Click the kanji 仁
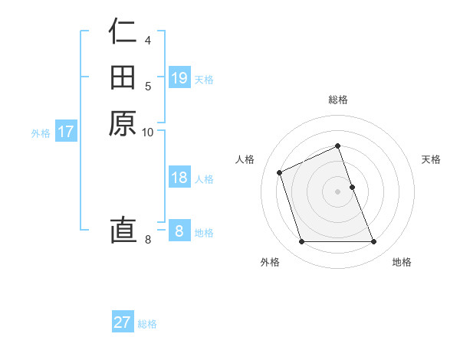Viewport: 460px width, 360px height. click(123, 32)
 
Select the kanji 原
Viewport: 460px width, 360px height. click(123, 123)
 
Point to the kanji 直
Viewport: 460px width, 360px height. click(123, 230)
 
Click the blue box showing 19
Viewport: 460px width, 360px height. click(179, 78)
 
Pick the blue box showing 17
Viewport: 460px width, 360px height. click(66, 132)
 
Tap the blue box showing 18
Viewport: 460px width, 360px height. click(179, 178)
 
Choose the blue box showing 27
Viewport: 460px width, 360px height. click(123, 322)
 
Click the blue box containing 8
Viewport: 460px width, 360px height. click(179, 231)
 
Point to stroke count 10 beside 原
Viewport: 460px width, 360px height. click(148, 133)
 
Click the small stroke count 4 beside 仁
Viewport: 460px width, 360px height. click(148, 40)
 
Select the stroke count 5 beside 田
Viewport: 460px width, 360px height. click(148, 86)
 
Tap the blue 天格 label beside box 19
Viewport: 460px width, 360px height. click(204, 80)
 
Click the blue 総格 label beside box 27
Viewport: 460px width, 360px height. click(147, 324)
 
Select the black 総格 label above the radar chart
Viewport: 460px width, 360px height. click(338, 100)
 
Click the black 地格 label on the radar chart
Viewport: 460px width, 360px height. click(402, 263)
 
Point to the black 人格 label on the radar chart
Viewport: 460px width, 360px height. click(245, 159)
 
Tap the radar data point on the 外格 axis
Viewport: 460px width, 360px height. click(301, 242)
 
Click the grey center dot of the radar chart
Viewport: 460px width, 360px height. click(338, 191)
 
